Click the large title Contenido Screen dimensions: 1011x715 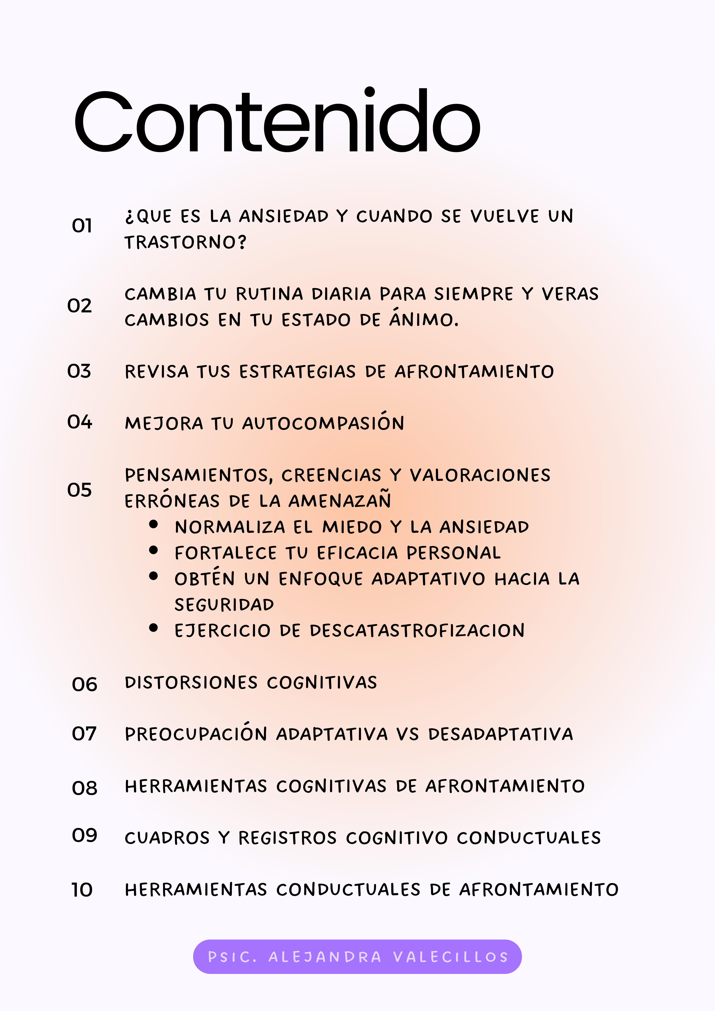point(277,121)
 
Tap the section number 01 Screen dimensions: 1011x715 point(82,226)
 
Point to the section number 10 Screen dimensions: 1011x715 point(82,890)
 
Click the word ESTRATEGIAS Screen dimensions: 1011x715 point(297,372)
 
